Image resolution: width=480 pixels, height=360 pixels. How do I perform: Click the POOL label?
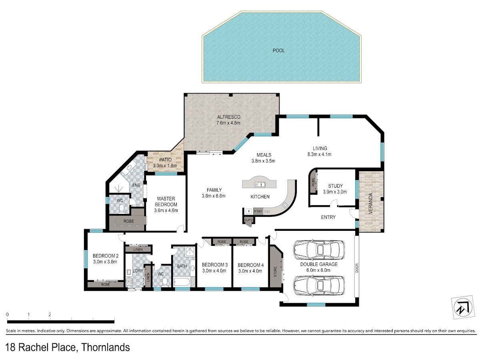278,50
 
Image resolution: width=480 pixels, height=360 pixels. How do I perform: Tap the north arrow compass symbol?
462,307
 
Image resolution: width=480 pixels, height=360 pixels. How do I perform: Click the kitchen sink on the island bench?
260,184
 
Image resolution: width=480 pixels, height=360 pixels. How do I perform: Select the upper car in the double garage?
319,250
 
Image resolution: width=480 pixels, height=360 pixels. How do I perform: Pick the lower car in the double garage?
319,285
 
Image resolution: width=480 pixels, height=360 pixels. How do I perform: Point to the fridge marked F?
248,211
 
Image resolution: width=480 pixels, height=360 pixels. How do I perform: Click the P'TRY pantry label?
258,211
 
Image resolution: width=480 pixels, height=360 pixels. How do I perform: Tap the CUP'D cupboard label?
248,220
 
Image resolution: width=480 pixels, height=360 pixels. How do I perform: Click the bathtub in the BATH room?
182,282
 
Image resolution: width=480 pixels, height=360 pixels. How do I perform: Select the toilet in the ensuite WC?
121,209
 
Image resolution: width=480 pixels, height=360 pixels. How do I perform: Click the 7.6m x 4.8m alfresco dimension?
228,123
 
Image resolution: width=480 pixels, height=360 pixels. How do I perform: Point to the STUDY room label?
335,186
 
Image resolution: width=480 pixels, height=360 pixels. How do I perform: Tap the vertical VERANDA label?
370,204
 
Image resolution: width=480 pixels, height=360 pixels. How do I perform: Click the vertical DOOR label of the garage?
357,268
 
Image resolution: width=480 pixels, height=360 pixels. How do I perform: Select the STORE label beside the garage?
275,272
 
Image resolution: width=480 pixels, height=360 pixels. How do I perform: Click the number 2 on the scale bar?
50,314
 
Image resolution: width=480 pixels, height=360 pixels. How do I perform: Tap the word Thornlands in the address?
106,347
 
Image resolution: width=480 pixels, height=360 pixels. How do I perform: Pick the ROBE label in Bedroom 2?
106,284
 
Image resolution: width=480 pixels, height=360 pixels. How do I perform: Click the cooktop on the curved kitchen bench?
285,205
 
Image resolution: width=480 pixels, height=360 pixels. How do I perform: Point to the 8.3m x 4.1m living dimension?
319,154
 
